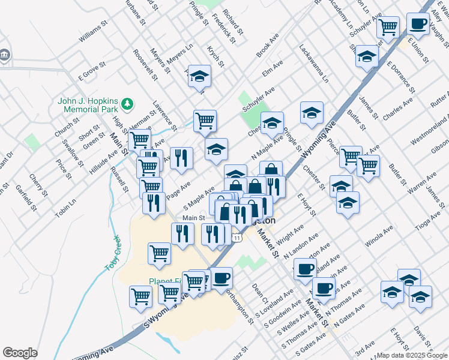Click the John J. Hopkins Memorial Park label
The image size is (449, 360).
coord(88,106)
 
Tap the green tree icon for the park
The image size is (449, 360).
coord(127,104)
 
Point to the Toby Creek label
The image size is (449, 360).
coord(115,254)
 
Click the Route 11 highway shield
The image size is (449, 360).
coord(238,238)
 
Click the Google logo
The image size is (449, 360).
coord(20,353)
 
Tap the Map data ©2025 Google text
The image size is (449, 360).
coord(412,355)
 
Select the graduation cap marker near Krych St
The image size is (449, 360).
coord(200,76)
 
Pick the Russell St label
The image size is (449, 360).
coord(119,179)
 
